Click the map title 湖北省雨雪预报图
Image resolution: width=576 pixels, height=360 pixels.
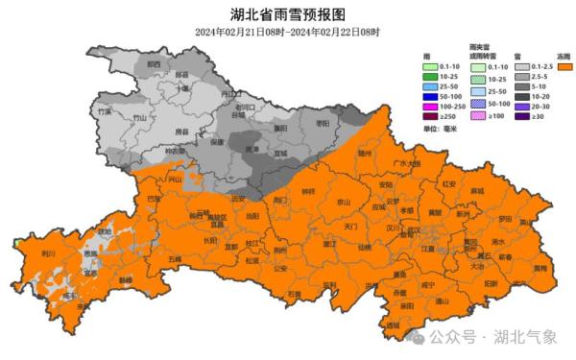(287, 13)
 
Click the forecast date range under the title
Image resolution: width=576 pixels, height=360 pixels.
(287, 32)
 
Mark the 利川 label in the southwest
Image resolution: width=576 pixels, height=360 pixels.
(47, 252)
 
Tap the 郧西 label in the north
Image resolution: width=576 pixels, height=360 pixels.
(154, 64)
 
